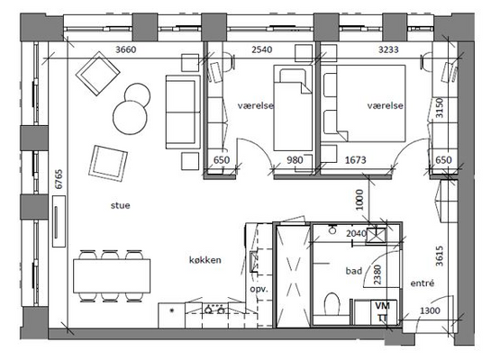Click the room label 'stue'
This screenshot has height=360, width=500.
coord(120,205)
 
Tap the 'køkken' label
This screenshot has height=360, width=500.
coord(205,260)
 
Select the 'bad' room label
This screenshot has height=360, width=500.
coord(354,271)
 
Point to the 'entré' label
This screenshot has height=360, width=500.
coord(423,283)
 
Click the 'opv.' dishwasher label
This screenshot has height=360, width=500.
coord(259,289)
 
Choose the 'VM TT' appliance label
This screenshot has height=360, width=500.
coord(382,312)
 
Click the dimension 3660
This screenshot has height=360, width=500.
coord(125,49)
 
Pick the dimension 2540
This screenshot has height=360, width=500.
coord(262,49)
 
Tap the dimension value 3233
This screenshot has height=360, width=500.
coord(388,49)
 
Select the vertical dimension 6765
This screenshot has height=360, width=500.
coord(59,179)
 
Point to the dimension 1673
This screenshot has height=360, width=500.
coord(356,160)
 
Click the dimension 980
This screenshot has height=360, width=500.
coord(295,160)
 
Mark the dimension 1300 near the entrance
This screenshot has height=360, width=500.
coord(430,310)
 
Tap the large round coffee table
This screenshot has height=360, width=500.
coord(130,117)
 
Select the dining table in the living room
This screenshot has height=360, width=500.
coord(112,276)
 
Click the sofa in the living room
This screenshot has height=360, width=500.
coord(183,112)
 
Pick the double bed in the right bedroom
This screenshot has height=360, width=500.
coord(364,103)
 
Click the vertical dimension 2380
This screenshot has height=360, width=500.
coord(377,274)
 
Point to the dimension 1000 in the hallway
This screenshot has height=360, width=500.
coord(359,200)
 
